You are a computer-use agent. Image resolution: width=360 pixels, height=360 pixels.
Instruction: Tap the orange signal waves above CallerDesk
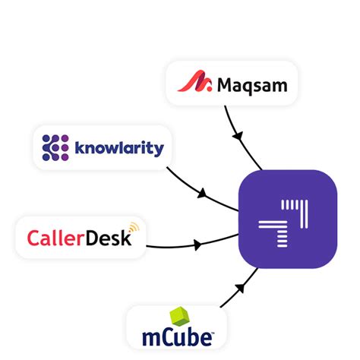(x=134, y=227)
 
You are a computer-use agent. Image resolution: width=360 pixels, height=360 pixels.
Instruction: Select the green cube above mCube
(x=180, y=317)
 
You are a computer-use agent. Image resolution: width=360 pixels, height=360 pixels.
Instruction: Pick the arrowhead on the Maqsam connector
(x=238, y=136)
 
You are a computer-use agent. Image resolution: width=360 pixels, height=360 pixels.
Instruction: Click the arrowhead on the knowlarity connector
(x=202, y=194)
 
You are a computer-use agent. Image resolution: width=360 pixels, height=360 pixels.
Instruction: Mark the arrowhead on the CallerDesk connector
(x=199, y=245)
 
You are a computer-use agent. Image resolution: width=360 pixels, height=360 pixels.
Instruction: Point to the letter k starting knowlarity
(x=79, y=147)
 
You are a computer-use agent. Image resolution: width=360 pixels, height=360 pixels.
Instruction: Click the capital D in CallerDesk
(x=91, y=238)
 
